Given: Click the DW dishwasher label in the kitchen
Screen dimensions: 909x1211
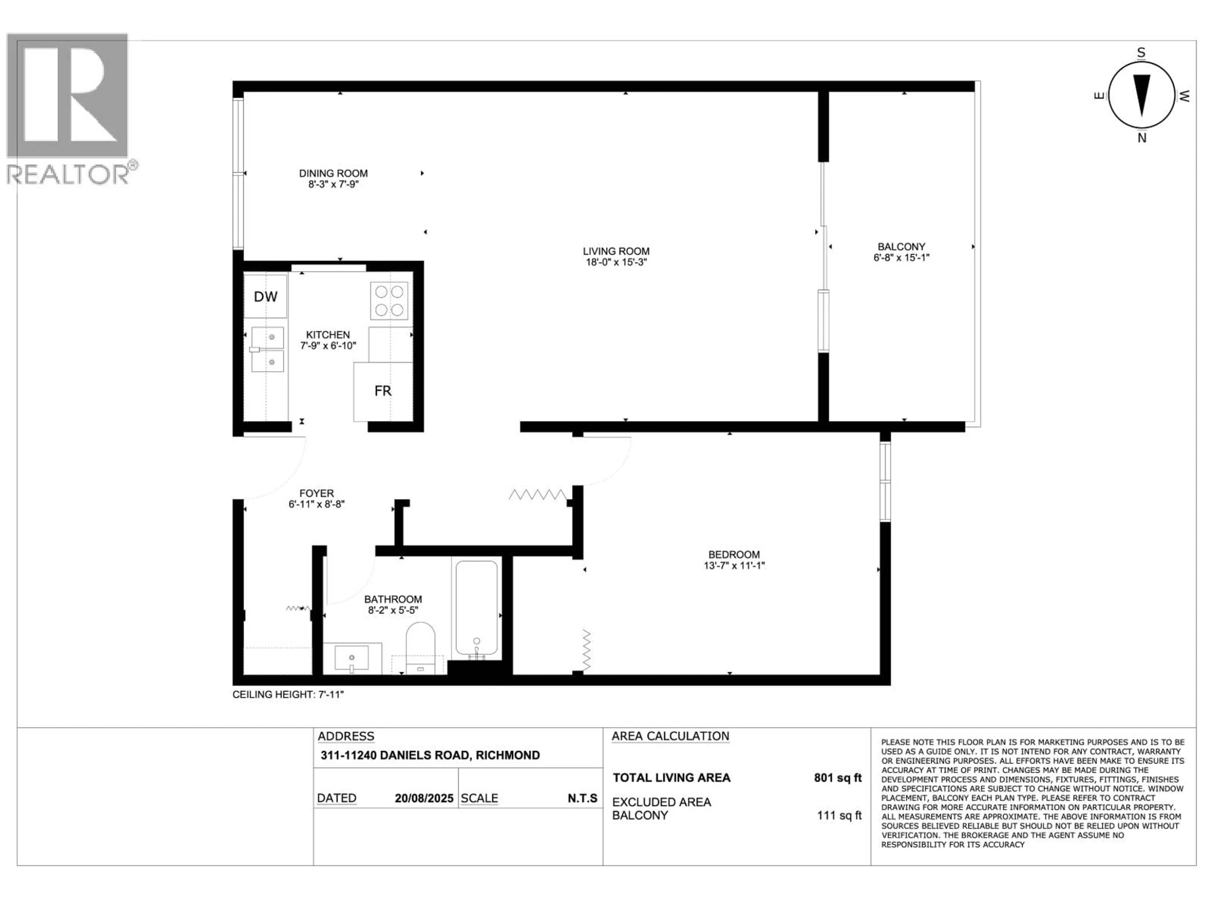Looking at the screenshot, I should [266, 296].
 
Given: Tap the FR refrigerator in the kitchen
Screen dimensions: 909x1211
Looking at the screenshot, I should [383, 391].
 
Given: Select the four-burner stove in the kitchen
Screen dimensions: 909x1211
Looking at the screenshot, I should [389, 300].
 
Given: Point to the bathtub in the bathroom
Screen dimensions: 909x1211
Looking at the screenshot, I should [476, 608].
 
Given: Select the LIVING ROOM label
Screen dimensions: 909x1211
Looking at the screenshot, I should [616, 251].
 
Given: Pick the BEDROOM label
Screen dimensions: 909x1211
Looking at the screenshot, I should [734, 555].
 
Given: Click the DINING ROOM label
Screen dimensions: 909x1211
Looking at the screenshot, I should [333, 173].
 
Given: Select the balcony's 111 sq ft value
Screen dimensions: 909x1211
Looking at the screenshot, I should [839, 815].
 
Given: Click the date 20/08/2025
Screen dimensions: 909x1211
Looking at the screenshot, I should [424, 798].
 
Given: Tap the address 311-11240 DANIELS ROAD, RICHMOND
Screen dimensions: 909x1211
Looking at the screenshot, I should [430, 755].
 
